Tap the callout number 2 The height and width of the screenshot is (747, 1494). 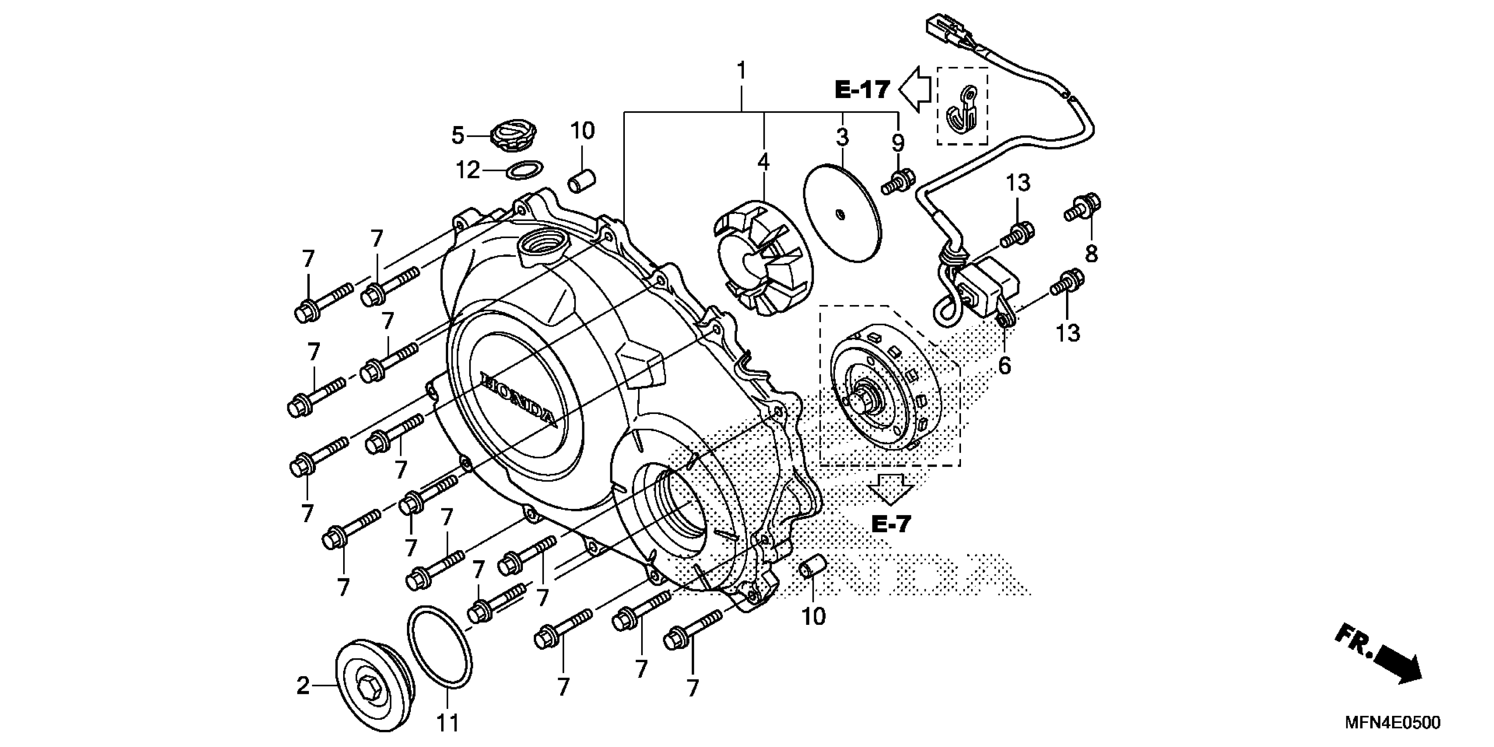coord(303,686)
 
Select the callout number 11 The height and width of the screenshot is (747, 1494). coord(447,723)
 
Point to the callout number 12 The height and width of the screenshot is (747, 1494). coord(468,170)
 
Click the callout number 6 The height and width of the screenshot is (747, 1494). coord(1004,366)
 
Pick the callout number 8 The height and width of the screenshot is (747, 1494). coord(1091,254)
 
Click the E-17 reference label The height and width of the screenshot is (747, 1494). coord(862,90)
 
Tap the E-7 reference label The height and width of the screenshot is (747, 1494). coord(892,524)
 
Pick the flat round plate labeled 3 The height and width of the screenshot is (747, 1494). coord(842,215)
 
